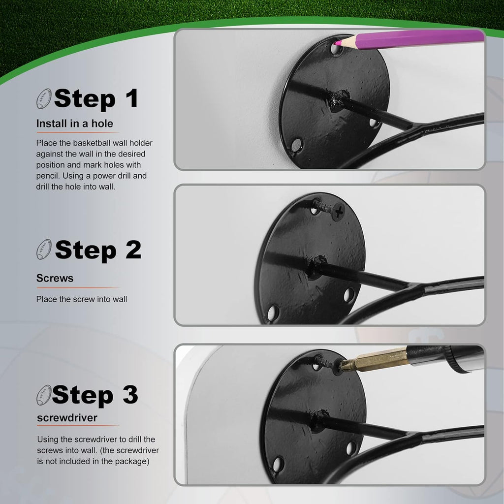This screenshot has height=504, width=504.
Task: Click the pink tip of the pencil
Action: tap(337, 42)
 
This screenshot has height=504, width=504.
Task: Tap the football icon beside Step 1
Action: tap(44, 98)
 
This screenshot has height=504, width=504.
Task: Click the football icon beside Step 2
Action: tap(44, 249)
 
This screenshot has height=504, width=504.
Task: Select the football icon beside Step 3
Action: tap(44, 395)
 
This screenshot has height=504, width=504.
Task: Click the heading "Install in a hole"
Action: tap(75, 124)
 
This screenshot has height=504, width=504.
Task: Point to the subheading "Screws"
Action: tap(55, 278)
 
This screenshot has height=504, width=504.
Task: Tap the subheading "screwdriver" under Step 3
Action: tap(67, 417)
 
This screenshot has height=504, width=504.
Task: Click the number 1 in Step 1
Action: tap(132, 98)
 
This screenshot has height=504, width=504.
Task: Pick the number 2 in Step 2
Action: tap(133, 250)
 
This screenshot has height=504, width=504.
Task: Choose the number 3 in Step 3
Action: tap(130, 395)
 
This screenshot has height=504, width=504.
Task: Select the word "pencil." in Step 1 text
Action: tap(48, 176)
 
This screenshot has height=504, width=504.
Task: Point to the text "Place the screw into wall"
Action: tap(82, 299)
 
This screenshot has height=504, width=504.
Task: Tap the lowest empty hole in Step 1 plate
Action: tap(296, 145)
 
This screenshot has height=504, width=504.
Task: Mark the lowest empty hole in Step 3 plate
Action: tap(278, 464)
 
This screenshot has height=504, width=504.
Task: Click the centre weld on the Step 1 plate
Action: tap(339, 100)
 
